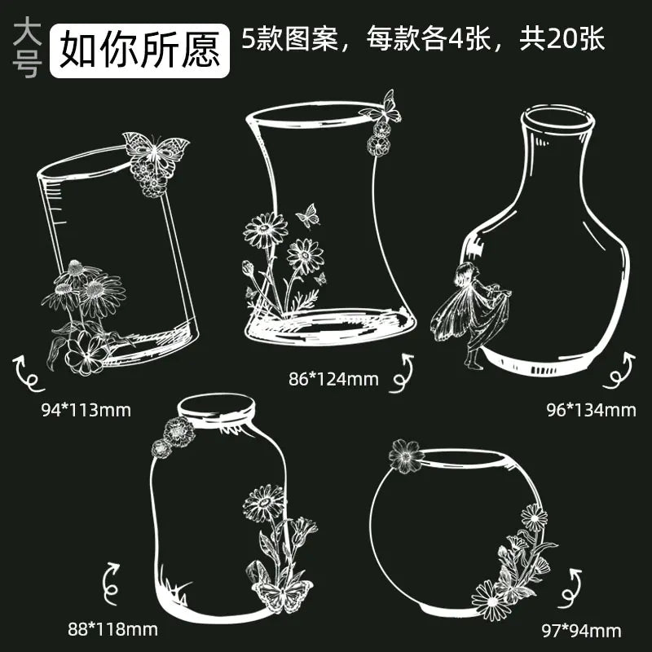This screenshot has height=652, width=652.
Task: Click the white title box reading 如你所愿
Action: tap(139, 51)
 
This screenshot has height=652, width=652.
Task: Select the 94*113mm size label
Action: tap(86, 411)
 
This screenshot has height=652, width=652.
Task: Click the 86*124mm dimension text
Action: tap(334, 379)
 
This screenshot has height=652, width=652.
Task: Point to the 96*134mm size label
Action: tap(591, 411)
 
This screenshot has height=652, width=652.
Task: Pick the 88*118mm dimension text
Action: tap(112, 629)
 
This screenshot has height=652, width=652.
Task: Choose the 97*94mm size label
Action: tap(581, 631)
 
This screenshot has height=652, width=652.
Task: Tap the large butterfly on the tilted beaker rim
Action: tap(155, 152)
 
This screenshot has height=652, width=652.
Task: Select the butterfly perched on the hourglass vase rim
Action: tap(381, 108)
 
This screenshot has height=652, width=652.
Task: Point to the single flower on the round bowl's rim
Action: tap(406, 456)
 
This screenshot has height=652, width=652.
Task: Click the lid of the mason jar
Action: tap(216, 410)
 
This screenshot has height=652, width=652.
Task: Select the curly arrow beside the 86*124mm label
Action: tap(402, 373)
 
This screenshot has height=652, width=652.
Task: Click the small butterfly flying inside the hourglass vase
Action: tap(308, 215)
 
